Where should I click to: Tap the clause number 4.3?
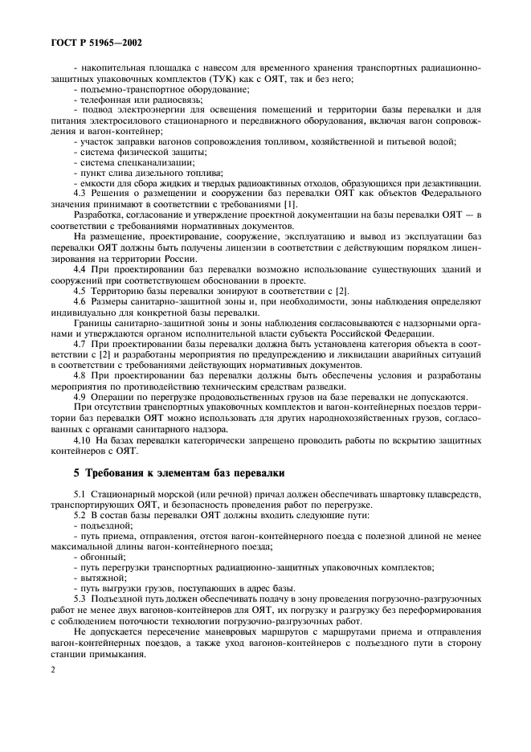tap(81, 183)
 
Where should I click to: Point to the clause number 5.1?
tap(81, 492)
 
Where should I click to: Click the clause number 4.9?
tap(81, 396)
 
